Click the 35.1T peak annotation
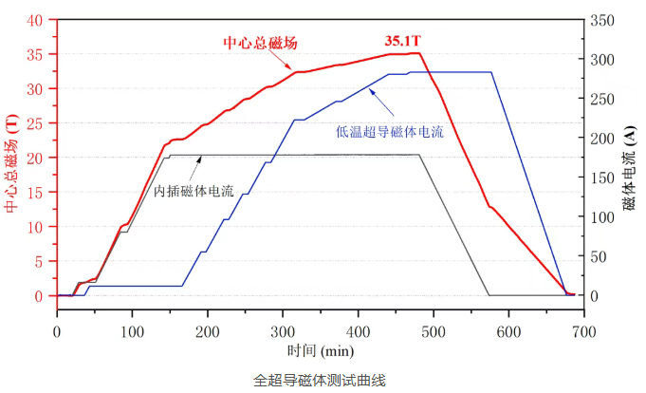pos(402,42)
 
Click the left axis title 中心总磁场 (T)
pos(11,164)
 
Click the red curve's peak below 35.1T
pos(417,53)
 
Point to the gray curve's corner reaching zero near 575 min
pos(489,295)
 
